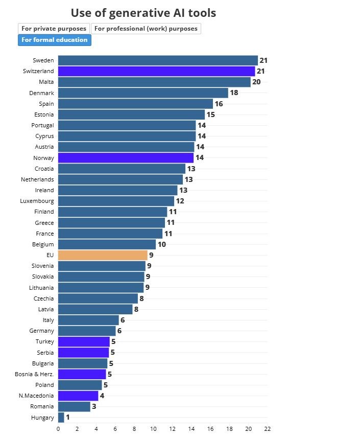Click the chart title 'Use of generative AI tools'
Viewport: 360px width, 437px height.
(143, 13)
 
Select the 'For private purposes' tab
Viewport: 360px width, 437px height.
(54, 29)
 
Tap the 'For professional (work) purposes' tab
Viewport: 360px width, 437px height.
(146, 29)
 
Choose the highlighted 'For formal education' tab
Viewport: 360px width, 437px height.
(54, 40)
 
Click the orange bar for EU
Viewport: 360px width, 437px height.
(103, 255)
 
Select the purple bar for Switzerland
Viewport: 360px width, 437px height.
(156, 71)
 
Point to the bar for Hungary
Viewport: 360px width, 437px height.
(61, 418)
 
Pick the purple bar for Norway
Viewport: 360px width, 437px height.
(126, 158)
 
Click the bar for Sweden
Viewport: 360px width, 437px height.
(158, 60)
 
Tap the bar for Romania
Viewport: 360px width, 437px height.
(74, 407)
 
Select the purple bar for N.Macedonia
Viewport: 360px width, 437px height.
(78, 396)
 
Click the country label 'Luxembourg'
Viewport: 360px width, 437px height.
(37, 201)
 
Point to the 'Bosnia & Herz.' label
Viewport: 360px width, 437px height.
(34, 374)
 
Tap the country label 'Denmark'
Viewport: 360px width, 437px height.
(41, 93)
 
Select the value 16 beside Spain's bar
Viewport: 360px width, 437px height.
(219, 104)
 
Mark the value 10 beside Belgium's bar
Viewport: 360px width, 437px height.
(161, 244)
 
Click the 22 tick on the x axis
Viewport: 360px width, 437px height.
(267, 429)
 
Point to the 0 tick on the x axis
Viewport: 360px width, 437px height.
(58, 429)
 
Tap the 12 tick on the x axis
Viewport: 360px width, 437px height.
(172, 429)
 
